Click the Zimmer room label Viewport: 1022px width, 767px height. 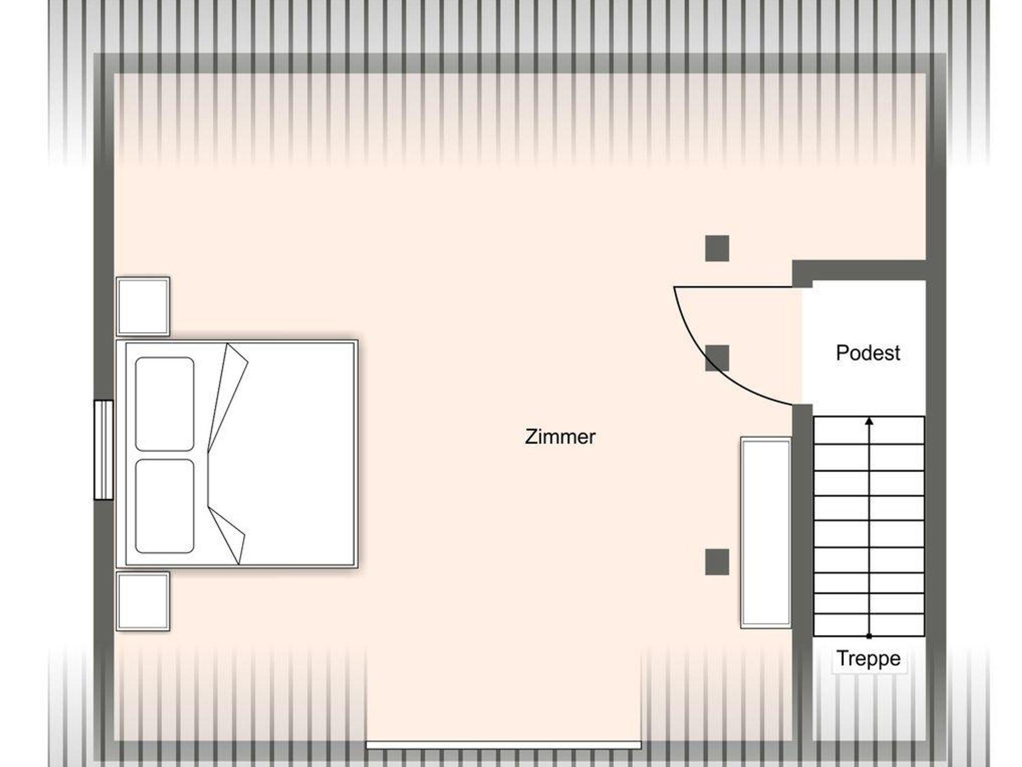560,437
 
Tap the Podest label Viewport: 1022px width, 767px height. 868,353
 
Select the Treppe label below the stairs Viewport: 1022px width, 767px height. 868,658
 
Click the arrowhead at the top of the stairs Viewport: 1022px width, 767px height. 869,421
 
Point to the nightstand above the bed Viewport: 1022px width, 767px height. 143,306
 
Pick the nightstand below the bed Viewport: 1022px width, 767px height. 143,601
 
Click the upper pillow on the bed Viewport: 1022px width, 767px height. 165,404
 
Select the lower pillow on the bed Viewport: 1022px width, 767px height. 165,506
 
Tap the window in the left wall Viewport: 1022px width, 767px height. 104,449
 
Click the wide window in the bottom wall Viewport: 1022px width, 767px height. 504,745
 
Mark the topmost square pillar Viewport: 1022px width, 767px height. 717,248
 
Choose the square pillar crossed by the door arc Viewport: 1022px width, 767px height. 717,358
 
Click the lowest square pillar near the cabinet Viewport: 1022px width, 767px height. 717,562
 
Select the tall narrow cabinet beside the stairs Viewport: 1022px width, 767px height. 766,533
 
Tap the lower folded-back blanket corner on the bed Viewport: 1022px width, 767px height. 227,536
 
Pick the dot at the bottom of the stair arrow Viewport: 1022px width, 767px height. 869,636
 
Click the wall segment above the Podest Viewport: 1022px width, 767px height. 859,270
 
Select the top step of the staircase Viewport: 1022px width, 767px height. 869,430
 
